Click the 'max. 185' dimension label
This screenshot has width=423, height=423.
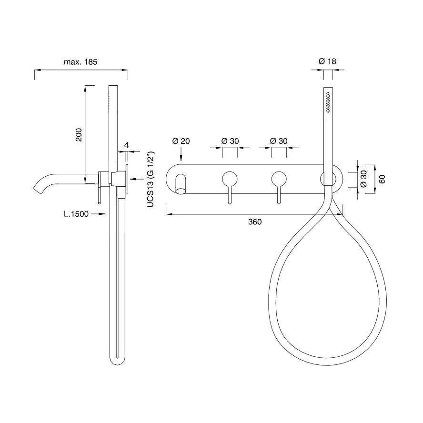81,62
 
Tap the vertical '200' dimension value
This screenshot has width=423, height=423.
79,135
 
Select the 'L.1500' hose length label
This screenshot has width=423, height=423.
76,214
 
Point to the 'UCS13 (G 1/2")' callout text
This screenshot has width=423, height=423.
151,180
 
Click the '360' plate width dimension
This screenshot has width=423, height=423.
255,222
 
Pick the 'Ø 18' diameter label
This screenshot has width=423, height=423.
328,61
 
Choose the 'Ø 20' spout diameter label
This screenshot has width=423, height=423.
181,141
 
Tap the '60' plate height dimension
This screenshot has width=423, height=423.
382,179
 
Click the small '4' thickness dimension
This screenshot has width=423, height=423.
126,145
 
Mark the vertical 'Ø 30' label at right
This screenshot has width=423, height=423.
363,179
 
